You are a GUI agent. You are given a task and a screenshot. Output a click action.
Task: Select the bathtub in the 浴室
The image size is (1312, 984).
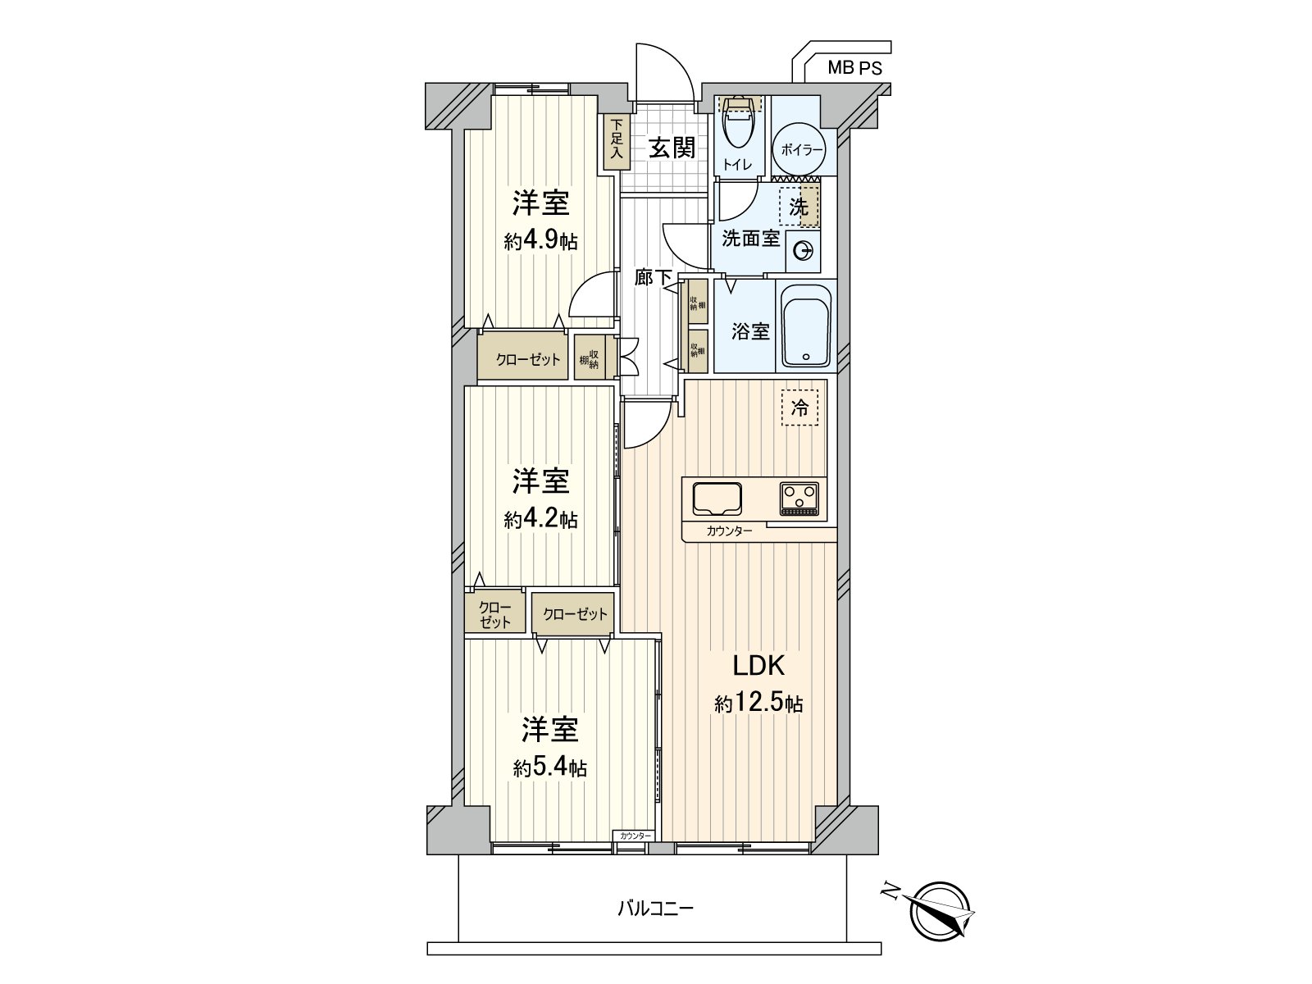pos(806,326)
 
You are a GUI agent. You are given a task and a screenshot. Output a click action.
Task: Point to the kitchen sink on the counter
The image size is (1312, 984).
pos(717,498)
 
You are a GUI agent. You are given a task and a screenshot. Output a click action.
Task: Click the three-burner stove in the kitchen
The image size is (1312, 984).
pos(799,498)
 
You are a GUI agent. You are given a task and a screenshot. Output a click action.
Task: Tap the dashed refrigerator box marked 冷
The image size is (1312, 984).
pos(799,408)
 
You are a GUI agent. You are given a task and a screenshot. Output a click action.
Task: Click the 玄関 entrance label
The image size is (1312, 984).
pos(672,148)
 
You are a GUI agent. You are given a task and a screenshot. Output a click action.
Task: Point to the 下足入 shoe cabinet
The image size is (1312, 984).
pos(614,142)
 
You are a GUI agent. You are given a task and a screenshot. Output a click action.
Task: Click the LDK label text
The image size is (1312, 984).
pos(758,666)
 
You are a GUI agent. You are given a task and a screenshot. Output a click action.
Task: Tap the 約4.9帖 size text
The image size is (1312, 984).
pos(540,241)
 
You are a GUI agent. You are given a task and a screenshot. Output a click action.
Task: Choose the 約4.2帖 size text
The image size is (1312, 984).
pos(540,519)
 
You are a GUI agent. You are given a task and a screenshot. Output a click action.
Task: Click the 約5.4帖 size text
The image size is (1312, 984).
pos(549,768)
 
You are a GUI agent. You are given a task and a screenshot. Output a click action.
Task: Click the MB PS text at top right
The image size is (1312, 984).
pos(854,69)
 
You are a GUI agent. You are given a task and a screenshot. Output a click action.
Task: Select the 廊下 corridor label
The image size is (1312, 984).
pos(653,278)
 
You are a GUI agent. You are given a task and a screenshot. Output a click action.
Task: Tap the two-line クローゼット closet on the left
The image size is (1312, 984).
pos(494,614)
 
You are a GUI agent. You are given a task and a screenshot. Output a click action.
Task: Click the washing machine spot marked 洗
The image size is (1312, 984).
pos(799,207)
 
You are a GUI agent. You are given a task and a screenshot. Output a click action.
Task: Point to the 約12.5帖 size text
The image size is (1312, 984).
pos(758,704)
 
